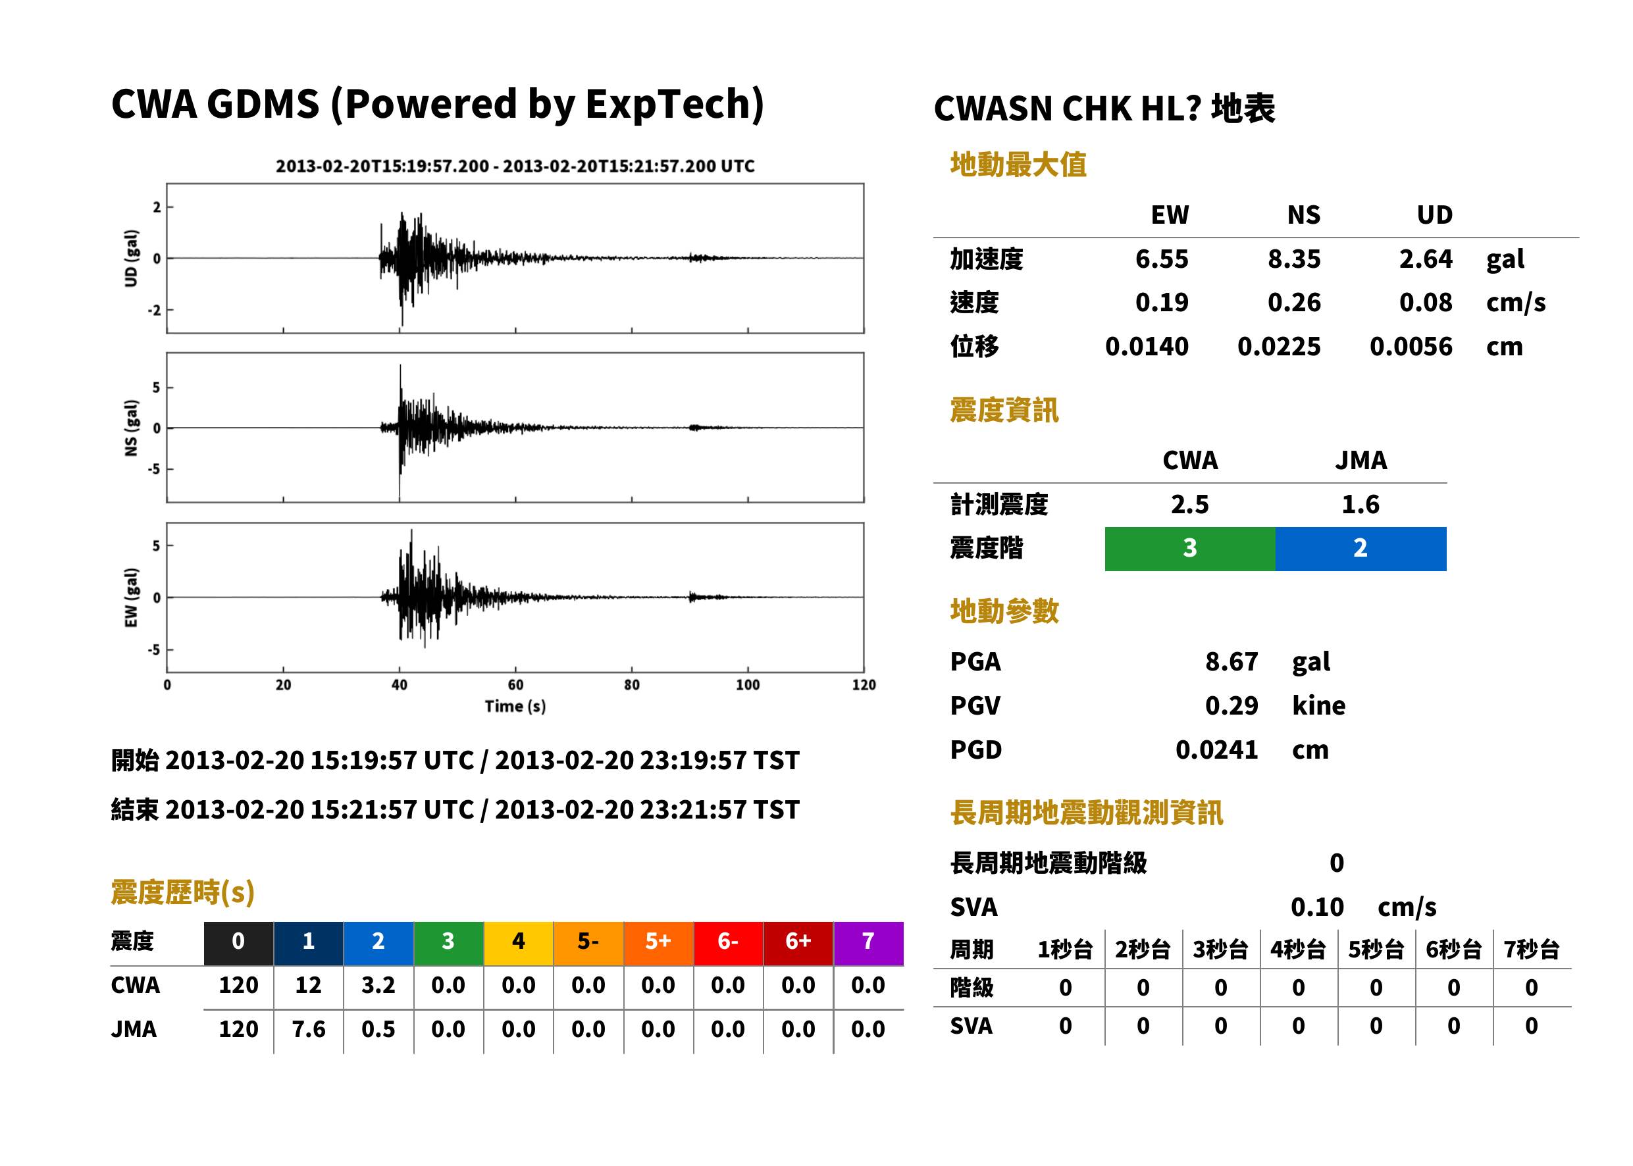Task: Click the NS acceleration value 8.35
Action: (x=1293, y=259)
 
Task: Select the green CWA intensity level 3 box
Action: (x=1190, y=549)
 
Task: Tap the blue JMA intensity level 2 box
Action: (x=1361, y=549)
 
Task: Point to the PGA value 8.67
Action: (x=1231, y=661)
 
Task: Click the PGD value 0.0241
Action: (x=1216, y=749)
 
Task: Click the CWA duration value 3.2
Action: (x=378, y=985)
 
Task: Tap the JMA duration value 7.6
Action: (x=309, y=1030)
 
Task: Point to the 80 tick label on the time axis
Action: (x=632, y=685)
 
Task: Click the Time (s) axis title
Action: (x=515, y=707)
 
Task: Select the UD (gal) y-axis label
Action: (x=131, y=259)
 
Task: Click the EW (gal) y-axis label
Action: (x=131, y=597)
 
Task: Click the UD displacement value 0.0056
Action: (x=1411, y=347)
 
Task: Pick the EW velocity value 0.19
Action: (x=1162, y=302)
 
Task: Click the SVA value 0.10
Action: (x=1317, y=907)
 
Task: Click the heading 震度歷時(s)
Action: (x=183, y=892)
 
